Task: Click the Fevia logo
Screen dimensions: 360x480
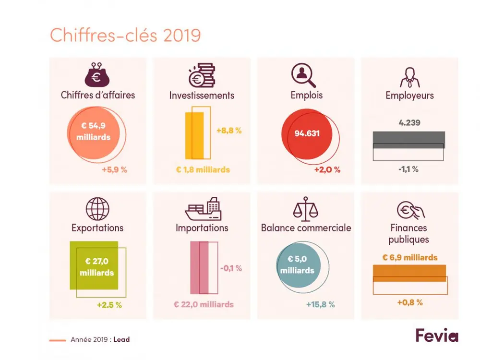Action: pyautogui.click(x=437, y=335)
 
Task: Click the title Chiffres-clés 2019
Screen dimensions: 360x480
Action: pyautogui.click(x=125, y=36)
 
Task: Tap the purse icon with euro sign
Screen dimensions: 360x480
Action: pyautogui.click(x=97, y=74)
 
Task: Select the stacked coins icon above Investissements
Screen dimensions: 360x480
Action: pyautogui.click(x=201, y=74)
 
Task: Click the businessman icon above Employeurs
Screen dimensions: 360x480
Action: pyautogui.click(x=409, y=75)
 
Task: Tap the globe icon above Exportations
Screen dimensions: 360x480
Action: pyautogui.click(x=97, y=209)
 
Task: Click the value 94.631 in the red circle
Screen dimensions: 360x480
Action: pyautogui.click(x=307, y=133)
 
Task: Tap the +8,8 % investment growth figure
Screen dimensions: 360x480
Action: pyautogui.click(x=228, y=131)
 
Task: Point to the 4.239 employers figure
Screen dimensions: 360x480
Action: pyautogui.click(x=409, y=122)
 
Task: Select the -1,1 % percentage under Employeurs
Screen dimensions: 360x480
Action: pyautogui.click(x=408, y=169)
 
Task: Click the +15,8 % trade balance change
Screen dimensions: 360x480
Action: pyautogui.click(x=320, y=304)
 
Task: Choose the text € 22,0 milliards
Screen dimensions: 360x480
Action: pyautogui.click(x=204, y=304)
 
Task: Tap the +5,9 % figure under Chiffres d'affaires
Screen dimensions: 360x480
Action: pyautogui.click(x=114, y=169)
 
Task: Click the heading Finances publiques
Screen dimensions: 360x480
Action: pyautogui.click(x=408, y=233)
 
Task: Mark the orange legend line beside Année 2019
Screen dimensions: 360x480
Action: pyautogui.click(x=58, y=340)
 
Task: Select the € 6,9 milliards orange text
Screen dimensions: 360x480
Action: pyautogui.click(x=410, y=257)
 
